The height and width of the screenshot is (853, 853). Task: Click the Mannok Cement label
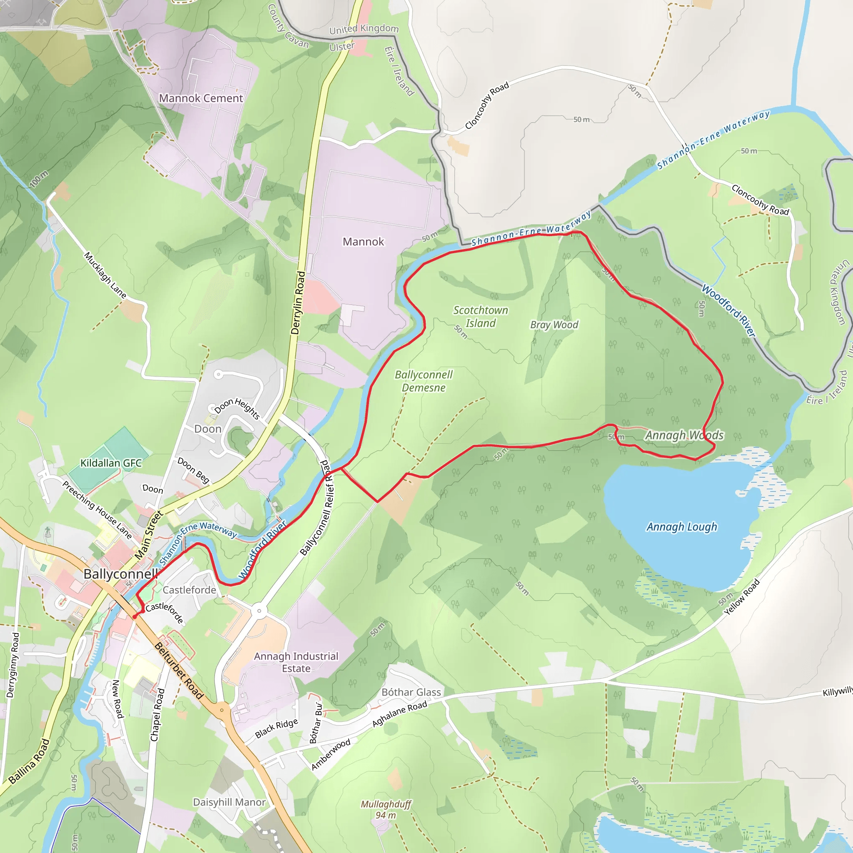[201, 98]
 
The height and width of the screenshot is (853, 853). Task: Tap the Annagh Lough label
[682, 527]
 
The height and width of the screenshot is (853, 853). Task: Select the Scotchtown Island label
[480, 317]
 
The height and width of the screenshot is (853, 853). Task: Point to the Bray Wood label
[554, 324]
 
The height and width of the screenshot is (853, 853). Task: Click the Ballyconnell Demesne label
[424, 381]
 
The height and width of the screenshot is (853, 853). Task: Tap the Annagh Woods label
[684, 435]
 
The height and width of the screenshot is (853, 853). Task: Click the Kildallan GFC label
[111, 463]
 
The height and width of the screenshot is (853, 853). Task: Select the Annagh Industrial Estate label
[296, 662]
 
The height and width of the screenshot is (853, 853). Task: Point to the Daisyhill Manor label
[229, 802]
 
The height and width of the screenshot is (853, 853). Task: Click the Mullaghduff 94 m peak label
[385, 809]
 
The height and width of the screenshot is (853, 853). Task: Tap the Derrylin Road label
[299, 303]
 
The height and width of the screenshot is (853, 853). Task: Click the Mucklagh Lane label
[105, 275]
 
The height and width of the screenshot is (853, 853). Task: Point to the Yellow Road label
[742, 597]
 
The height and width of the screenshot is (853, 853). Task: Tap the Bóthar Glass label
[411, 692]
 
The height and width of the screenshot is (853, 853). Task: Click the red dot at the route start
[135, 617]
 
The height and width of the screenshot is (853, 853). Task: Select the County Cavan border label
[287, 27]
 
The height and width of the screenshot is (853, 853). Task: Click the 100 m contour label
[39, 179]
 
